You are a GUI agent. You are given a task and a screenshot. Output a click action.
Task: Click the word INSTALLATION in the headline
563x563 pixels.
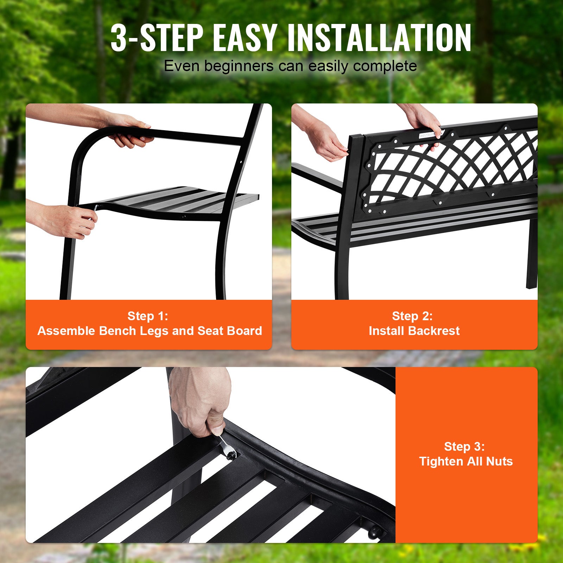(379, 38)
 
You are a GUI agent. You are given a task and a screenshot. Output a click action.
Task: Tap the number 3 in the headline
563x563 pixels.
(119, 38)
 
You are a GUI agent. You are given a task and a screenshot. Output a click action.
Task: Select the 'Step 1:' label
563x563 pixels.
(148, 316)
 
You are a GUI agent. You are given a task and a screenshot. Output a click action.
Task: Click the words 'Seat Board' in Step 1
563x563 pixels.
(229, 331)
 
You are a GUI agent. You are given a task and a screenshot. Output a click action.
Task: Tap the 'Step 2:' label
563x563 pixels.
(412, 316)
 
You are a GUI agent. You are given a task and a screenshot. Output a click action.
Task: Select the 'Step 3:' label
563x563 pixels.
(464, 447)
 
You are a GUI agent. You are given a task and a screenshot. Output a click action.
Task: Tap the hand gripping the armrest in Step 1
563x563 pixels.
(130, 132)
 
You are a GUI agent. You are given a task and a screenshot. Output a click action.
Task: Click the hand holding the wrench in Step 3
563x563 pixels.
(201, 405)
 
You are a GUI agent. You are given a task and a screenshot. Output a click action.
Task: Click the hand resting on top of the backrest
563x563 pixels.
(426, 123)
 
